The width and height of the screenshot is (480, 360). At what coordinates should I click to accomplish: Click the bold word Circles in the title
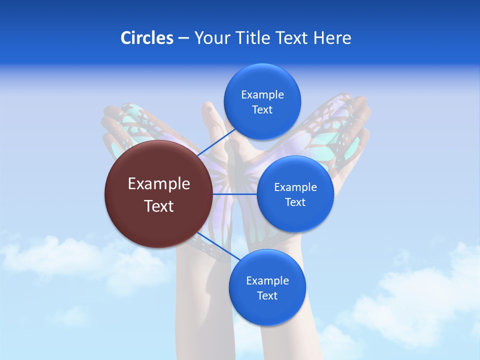tap(146, 38)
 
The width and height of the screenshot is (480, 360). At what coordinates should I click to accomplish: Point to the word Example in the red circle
tap(159, 184)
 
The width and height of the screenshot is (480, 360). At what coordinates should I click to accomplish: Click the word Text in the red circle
tap(159, 206)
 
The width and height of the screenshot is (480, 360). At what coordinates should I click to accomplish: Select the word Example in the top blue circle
tap(262, 95)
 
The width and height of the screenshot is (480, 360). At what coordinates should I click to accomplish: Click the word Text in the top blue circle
tap(262, 110)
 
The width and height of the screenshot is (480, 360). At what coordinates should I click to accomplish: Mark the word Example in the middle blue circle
tap(295, 187)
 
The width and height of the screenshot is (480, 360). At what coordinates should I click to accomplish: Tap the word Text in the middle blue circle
tap(295, 202)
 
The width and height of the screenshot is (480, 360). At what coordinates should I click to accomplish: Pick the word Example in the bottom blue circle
tap(267, 281)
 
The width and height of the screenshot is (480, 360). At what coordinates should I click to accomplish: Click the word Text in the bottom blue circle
tap(267, 296)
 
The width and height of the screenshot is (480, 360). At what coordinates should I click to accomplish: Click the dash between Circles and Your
tap(183, 38)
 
